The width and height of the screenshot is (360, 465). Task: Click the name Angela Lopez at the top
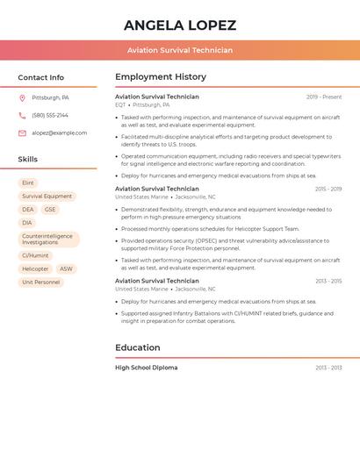click(x=180, y=25)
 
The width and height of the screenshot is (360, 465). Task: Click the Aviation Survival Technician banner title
click(x=180, y=50)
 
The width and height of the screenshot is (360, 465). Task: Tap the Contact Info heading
click(x=40, y=77)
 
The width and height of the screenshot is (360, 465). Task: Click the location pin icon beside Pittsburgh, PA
click(x=22, y=97)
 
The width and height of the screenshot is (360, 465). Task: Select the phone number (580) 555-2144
click(x=50, y=115)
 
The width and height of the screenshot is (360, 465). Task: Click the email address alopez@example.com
click(x=59, y=132)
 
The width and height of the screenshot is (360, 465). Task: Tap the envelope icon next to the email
click(x=22, y=132)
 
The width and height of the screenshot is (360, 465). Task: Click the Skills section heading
click(x=28, y=159)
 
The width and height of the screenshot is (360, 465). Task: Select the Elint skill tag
click(x=28, y=182)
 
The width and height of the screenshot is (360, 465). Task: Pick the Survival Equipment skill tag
click(x=47, y=197)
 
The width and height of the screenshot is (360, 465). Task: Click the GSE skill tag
click(x=50, y=210)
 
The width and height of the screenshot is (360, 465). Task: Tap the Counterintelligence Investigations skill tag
click(x=48, y=239)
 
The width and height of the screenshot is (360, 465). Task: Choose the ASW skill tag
click(x=67, y=268)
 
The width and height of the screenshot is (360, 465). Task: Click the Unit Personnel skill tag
click(x=41, y=282)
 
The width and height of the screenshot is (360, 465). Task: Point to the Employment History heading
click(x=161, y=77)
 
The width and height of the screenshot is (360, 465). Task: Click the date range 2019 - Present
click(x=324, y=97)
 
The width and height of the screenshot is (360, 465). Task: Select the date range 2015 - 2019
click(x=328, y=189)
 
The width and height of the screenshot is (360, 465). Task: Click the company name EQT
click(x=120, y=104)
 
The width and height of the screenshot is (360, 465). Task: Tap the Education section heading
click(x=137, y=347)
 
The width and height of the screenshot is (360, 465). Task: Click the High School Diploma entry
click(x=146, y=368)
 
